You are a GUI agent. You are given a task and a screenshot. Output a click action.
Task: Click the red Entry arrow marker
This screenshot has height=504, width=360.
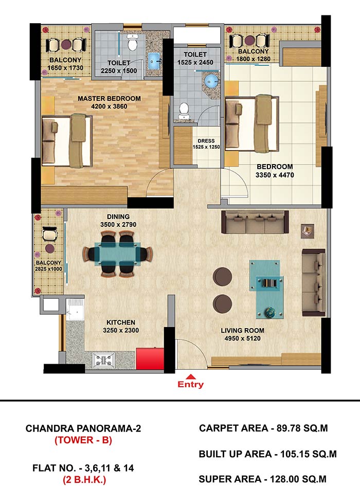pyautogui.click(x=191, y=376)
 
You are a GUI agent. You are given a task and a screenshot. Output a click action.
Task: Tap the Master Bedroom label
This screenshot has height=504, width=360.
pyautogui.click(x=109, y=98)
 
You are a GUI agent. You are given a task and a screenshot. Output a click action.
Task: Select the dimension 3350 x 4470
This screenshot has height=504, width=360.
pyautogui.click(x=275, y=175)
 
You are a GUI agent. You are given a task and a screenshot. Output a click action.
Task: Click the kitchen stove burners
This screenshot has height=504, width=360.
pyautogui.click(x=103, y=360)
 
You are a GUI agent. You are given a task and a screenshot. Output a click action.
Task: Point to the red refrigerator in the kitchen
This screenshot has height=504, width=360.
pyautogui.click(x=150, y=358)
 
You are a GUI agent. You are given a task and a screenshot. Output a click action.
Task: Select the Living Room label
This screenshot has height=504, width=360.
pyautogui.click(x=243, y=330)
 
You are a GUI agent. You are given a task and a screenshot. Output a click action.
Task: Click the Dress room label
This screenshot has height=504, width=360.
pyautogui.click(x=206, y=141)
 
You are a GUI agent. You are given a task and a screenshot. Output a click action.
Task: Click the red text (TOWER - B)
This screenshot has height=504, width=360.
pyautogui.click(x=83, y=440)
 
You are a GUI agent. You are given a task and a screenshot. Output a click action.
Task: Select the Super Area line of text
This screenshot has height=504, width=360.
pyautogui.click(x=263, y=479)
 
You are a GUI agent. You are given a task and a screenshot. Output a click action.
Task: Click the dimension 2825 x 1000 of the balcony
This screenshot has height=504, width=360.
pyautogui.click(x=48, y=269)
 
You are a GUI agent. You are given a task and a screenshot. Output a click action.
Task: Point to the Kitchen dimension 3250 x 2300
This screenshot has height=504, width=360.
pyautogui.click(x=121, y=330)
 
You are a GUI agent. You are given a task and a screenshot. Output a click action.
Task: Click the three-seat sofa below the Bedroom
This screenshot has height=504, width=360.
pyautogui.click(x=255, y=222)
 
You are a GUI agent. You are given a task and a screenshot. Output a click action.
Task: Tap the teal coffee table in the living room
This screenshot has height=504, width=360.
pyautogui.click(x=267, y=289)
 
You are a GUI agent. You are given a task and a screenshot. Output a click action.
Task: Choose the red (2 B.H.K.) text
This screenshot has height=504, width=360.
pyautogui.click(x=84, y=480)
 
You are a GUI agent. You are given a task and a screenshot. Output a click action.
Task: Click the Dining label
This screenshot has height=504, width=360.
pyautogui.click(x=118, y=217)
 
